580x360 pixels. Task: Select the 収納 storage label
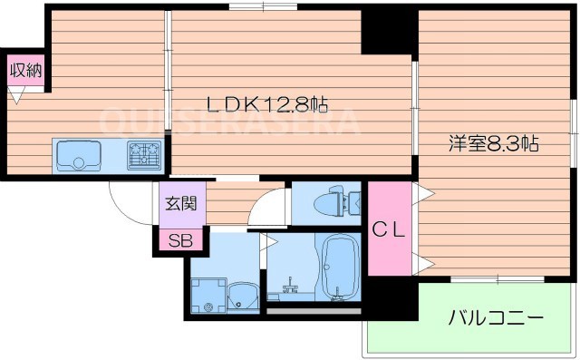coord(26,71)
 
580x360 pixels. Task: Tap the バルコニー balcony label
coord(496,318)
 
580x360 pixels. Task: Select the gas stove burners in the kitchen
coord(144,156)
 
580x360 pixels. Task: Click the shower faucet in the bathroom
coord(291,291)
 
